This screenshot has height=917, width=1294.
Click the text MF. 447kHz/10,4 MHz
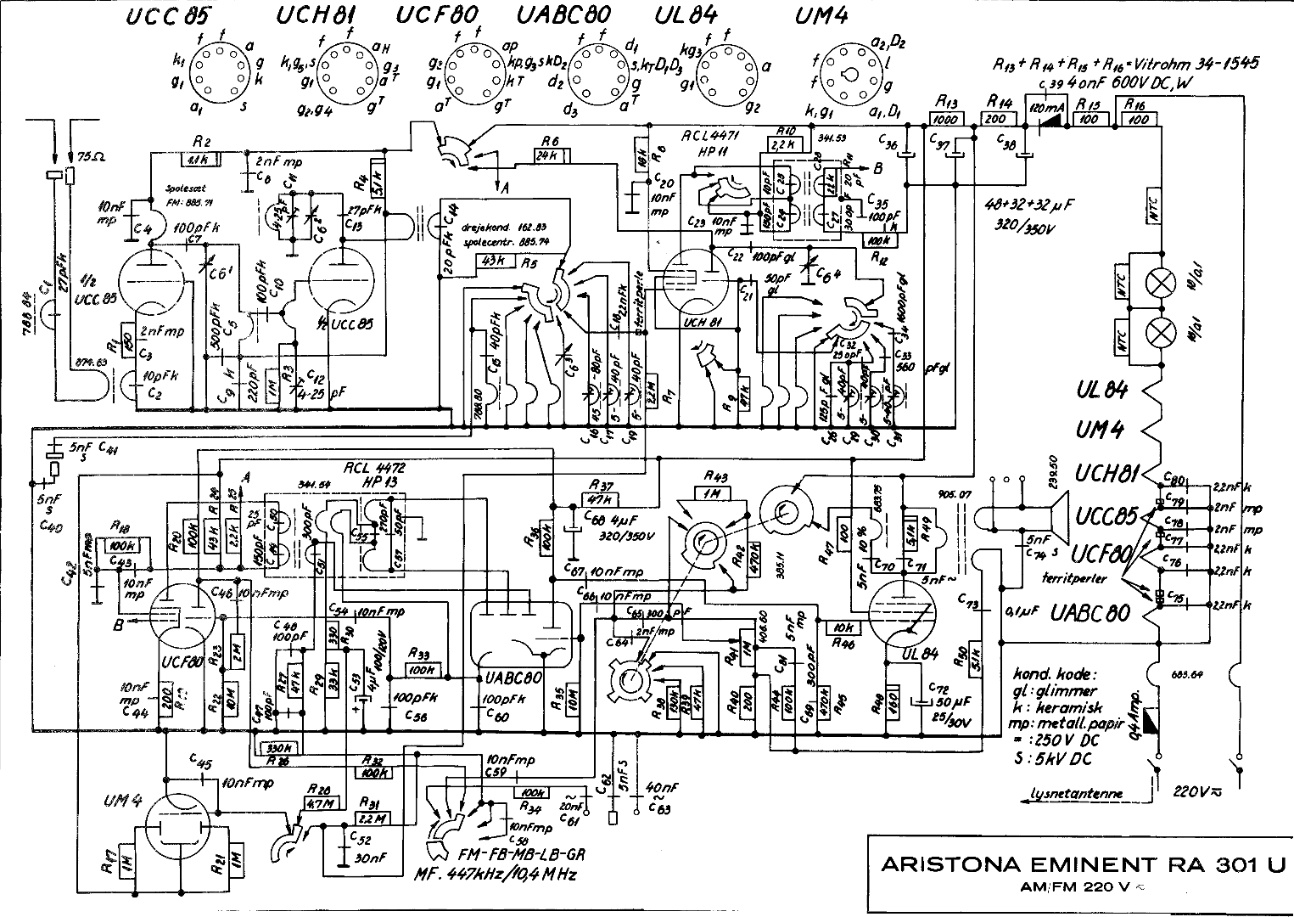496,875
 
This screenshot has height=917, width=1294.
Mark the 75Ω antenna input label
87,157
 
